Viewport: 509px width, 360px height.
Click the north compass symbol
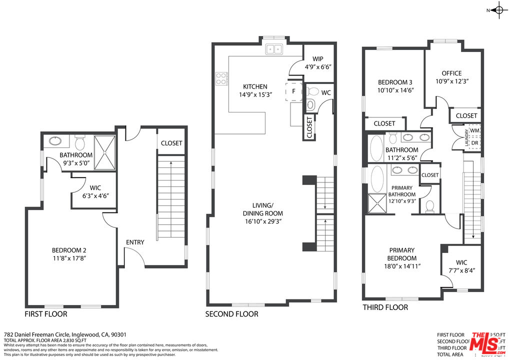click(x=498, y=10)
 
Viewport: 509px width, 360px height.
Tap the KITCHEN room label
click(x=255, y=86)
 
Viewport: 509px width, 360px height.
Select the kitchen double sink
click(x=273, y=49)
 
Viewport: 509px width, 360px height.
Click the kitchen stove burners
click(x=221, y=78)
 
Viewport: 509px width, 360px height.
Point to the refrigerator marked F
click(x=293, y=91)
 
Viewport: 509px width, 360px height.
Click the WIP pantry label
click(x=318, y=58)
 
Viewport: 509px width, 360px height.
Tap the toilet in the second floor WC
click(x=312, y=91)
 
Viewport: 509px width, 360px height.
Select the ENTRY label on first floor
click(x=135, y=242)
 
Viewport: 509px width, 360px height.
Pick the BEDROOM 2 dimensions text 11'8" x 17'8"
click(x=72, y=258)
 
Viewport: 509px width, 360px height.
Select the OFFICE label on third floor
click(x=451, y=73)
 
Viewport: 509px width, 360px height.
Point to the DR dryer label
click(x=474, y=143)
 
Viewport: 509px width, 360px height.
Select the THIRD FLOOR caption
click(x=385, y=307)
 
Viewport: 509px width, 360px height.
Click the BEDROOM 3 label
click(x=395, y=82)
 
